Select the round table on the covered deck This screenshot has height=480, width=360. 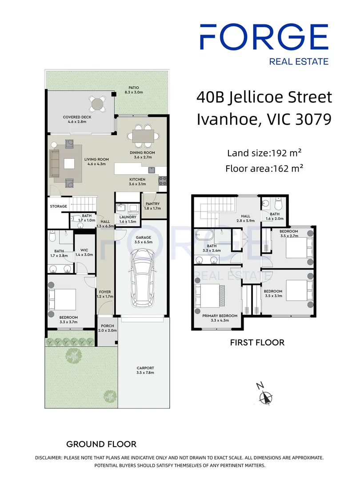pos(97,104)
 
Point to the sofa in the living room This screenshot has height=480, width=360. pos(55,163)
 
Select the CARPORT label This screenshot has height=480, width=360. pos(145,368)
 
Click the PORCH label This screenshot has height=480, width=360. pos(107,326)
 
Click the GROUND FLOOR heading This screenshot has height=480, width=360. pos(101,444)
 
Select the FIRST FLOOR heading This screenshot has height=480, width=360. pos(257,342)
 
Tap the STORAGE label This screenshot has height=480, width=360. pos(58,206)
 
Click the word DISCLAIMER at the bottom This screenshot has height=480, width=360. pos(48,457)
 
